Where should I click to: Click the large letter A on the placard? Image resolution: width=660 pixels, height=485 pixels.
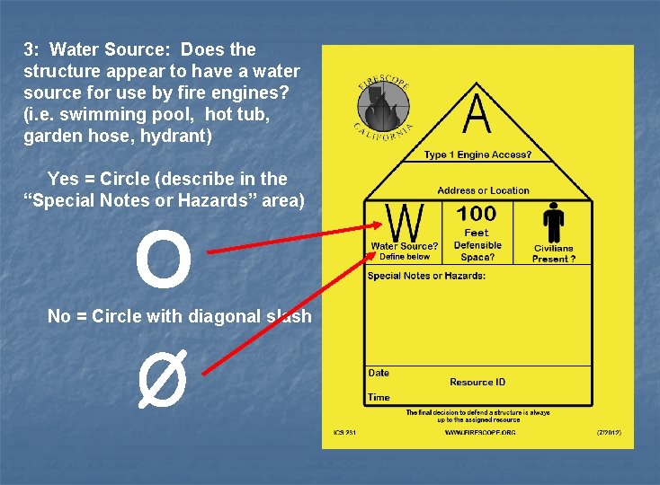click(477, 114)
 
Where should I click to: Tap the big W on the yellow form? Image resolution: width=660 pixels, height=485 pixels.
click(406, 222)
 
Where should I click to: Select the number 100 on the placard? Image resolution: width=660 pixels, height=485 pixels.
click(477, 213)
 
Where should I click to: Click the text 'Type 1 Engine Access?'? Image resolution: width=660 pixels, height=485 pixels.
click(477, 154)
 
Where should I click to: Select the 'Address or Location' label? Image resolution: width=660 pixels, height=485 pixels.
click(483, 190)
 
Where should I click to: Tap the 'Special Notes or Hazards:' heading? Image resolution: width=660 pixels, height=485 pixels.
click(426, 276)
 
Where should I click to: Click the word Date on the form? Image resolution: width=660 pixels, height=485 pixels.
click(379, 373)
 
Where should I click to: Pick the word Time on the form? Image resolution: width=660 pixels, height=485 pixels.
click(379, 397)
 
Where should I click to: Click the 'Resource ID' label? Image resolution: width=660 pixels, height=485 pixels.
click(477, 383)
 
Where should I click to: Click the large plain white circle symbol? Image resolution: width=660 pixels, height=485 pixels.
click(164, 258)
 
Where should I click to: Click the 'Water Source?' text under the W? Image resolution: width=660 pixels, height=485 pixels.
click(405, 246)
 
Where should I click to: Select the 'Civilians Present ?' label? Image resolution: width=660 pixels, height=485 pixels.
click(554, 253)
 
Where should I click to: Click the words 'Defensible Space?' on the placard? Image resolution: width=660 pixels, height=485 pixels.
click(477, 251)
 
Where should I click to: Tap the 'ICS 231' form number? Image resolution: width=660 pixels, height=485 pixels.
click(345, 433)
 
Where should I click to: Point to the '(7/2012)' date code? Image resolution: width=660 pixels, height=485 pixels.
click(608, 432)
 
